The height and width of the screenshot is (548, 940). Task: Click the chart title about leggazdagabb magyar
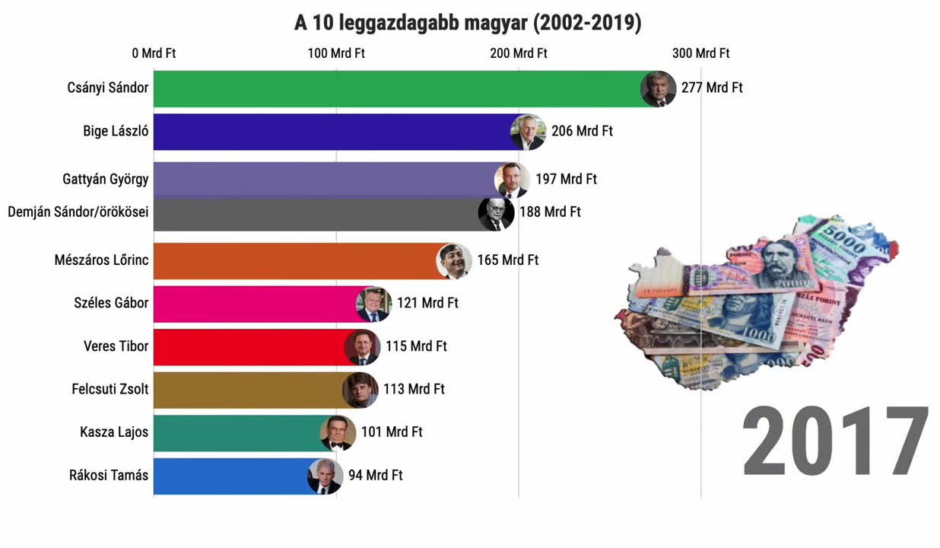[468, 23]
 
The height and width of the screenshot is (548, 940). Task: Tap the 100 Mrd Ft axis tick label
[336, 53]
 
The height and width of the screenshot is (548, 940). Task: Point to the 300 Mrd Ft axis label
[700, 53]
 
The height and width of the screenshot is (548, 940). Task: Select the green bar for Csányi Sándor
[395, 88]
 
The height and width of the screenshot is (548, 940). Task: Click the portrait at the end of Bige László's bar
[528, 132]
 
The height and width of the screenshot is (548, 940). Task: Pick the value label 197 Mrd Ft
[566, 180]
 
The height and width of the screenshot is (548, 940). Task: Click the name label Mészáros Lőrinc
[101, 260]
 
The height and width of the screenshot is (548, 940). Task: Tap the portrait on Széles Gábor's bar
[373, 304]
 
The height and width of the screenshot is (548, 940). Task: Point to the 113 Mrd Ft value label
[414, 389]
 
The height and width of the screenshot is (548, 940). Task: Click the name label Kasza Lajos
[114, 432]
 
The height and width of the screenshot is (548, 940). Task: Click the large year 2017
[835, 443]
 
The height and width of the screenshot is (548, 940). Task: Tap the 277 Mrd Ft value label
[712, 88]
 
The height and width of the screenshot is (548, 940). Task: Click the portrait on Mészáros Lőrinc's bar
[454, 261]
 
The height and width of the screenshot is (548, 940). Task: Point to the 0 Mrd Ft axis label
[154, 53]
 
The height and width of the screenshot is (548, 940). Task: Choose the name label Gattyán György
[106, 180]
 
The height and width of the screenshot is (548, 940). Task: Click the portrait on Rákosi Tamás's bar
[325, 476]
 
